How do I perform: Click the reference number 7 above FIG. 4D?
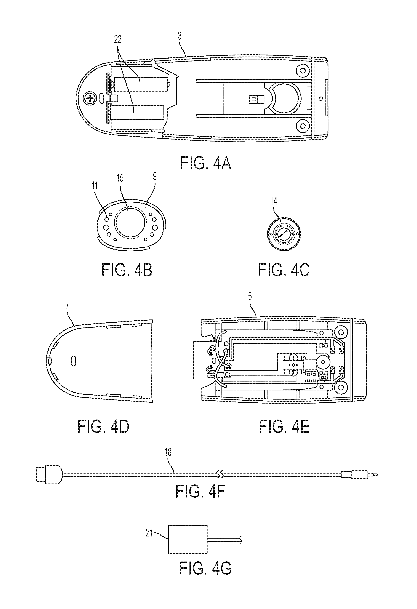click(x=68, y=307)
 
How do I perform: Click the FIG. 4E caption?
click(x=284, y=426)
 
